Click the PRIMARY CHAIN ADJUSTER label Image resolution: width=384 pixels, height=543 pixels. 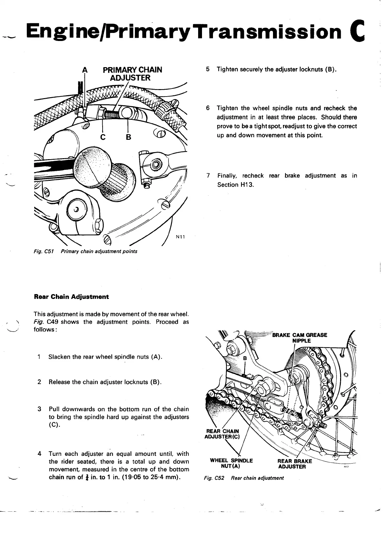click(x=132, y=74)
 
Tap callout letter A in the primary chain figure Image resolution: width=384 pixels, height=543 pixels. click(x=85, y=70)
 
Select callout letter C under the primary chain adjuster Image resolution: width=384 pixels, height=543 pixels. click(x=103, y=137)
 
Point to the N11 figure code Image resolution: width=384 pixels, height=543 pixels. click(x=180, y=237)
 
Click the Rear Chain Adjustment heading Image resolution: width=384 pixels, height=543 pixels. click(x=71, y=297)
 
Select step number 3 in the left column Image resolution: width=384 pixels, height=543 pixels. click(x=39, y=409)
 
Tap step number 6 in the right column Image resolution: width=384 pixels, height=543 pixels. click(x=208, y=108)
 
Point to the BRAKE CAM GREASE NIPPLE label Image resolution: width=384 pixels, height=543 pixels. click(x=300, y=338)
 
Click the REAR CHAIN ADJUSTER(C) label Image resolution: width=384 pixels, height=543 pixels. click(x=223, y=434)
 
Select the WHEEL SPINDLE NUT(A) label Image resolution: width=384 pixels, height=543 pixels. click(x=231, y=463)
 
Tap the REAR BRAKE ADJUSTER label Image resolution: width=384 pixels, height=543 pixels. click(x=295, y=464)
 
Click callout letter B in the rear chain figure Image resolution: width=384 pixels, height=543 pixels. click(x=245, y=358)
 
